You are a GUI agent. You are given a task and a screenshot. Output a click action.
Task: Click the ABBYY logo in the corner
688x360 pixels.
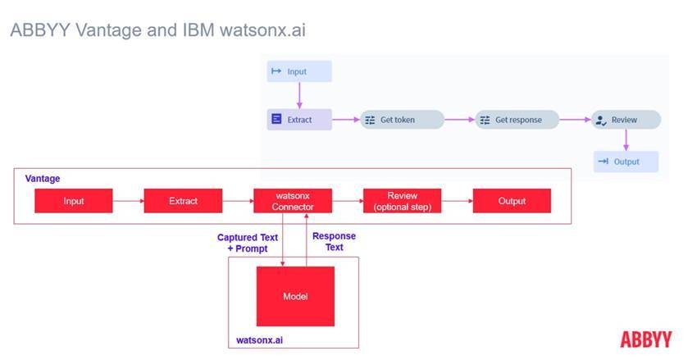tap(645, 339)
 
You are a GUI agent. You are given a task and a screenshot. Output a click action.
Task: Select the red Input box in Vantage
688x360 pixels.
tap(73, 201)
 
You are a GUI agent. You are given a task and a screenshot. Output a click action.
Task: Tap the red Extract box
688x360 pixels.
tap(183, 201)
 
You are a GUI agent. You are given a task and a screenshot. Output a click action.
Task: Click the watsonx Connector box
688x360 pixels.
tap(293, 201)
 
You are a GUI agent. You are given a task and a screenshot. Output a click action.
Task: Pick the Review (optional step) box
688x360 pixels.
tap(402, 201)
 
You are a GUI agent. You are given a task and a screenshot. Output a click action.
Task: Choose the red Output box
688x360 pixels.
tap(511, 201)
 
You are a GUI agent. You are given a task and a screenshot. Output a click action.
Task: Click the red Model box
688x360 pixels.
tap(295, 296)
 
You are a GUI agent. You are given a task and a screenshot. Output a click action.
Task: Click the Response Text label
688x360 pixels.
tap(334, 241)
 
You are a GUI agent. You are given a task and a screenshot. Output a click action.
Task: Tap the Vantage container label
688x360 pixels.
tap(43, 178)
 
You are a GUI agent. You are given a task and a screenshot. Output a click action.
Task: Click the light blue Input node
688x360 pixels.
tap(299, 71)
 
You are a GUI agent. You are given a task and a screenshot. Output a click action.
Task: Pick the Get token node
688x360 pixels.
tap(402, 120)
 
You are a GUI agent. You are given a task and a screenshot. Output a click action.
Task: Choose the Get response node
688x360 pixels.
tap(519, 120)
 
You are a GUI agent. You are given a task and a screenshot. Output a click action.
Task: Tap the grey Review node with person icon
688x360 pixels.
tap(626, 120)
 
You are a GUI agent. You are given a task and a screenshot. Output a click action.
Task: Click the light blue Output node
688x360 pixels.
tap(626, 162)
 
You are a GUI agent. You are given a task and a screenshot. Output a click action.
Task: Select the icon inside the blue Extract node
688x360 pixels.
tap(276, 120)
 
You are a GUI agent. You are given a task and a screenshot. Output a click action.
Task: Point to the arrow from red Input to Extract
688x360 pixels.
tap(128, 201)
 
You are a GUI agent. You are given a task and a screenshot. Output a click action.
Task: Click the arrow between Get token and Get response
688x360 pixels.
tap(459, 120)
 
